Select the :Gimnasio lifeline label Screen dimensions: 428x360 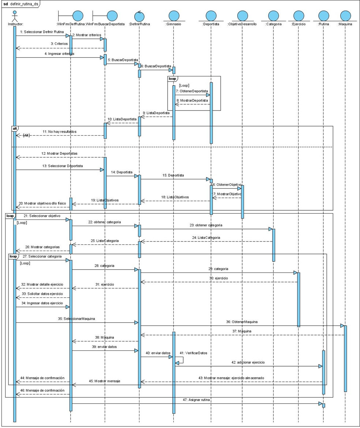pyautogui.click(x=173, y=24)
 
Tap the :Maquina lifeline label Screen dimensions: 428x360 pyautogui.click(x=345, y=24)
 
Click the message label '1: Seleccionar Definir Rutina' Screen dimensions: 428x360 pyautogui.click(x=40, y=32)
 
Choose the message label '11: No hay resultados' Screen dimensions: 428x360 pyautogui.click(x=60, y=131)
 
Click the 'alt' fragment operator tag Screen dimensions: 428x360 pyautogui.click(x=15, y=129)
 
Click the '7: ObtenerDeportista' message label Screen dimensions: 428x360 pyautogui.click(x=192, y=91)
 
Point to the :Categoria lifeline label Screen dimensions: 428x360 pyautogui.click(x=273, y=24)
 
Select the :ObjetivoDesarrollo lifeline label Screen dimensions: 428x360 pyautogui.click(x=242, y=24)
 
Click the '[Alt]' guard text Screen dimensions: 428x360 pyautogui.click(x=26, y=135)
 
